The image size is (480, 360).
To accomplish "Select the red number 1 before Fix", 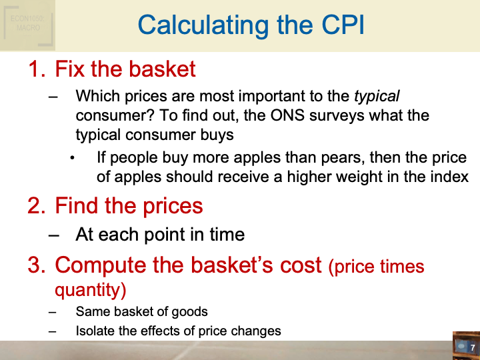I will coord(35,69).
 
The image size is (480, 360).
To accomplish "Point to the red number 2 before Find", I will coord(35,205).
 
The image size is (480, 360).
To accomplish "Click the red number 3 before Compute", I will coord(35,265).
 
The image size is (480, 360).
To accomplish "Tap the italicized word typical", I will coord(377,97).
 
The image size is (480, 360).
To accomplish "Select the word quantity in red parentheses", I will coord(87,291).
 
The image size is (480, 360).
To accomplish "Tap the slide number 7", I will coord(472,348).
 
